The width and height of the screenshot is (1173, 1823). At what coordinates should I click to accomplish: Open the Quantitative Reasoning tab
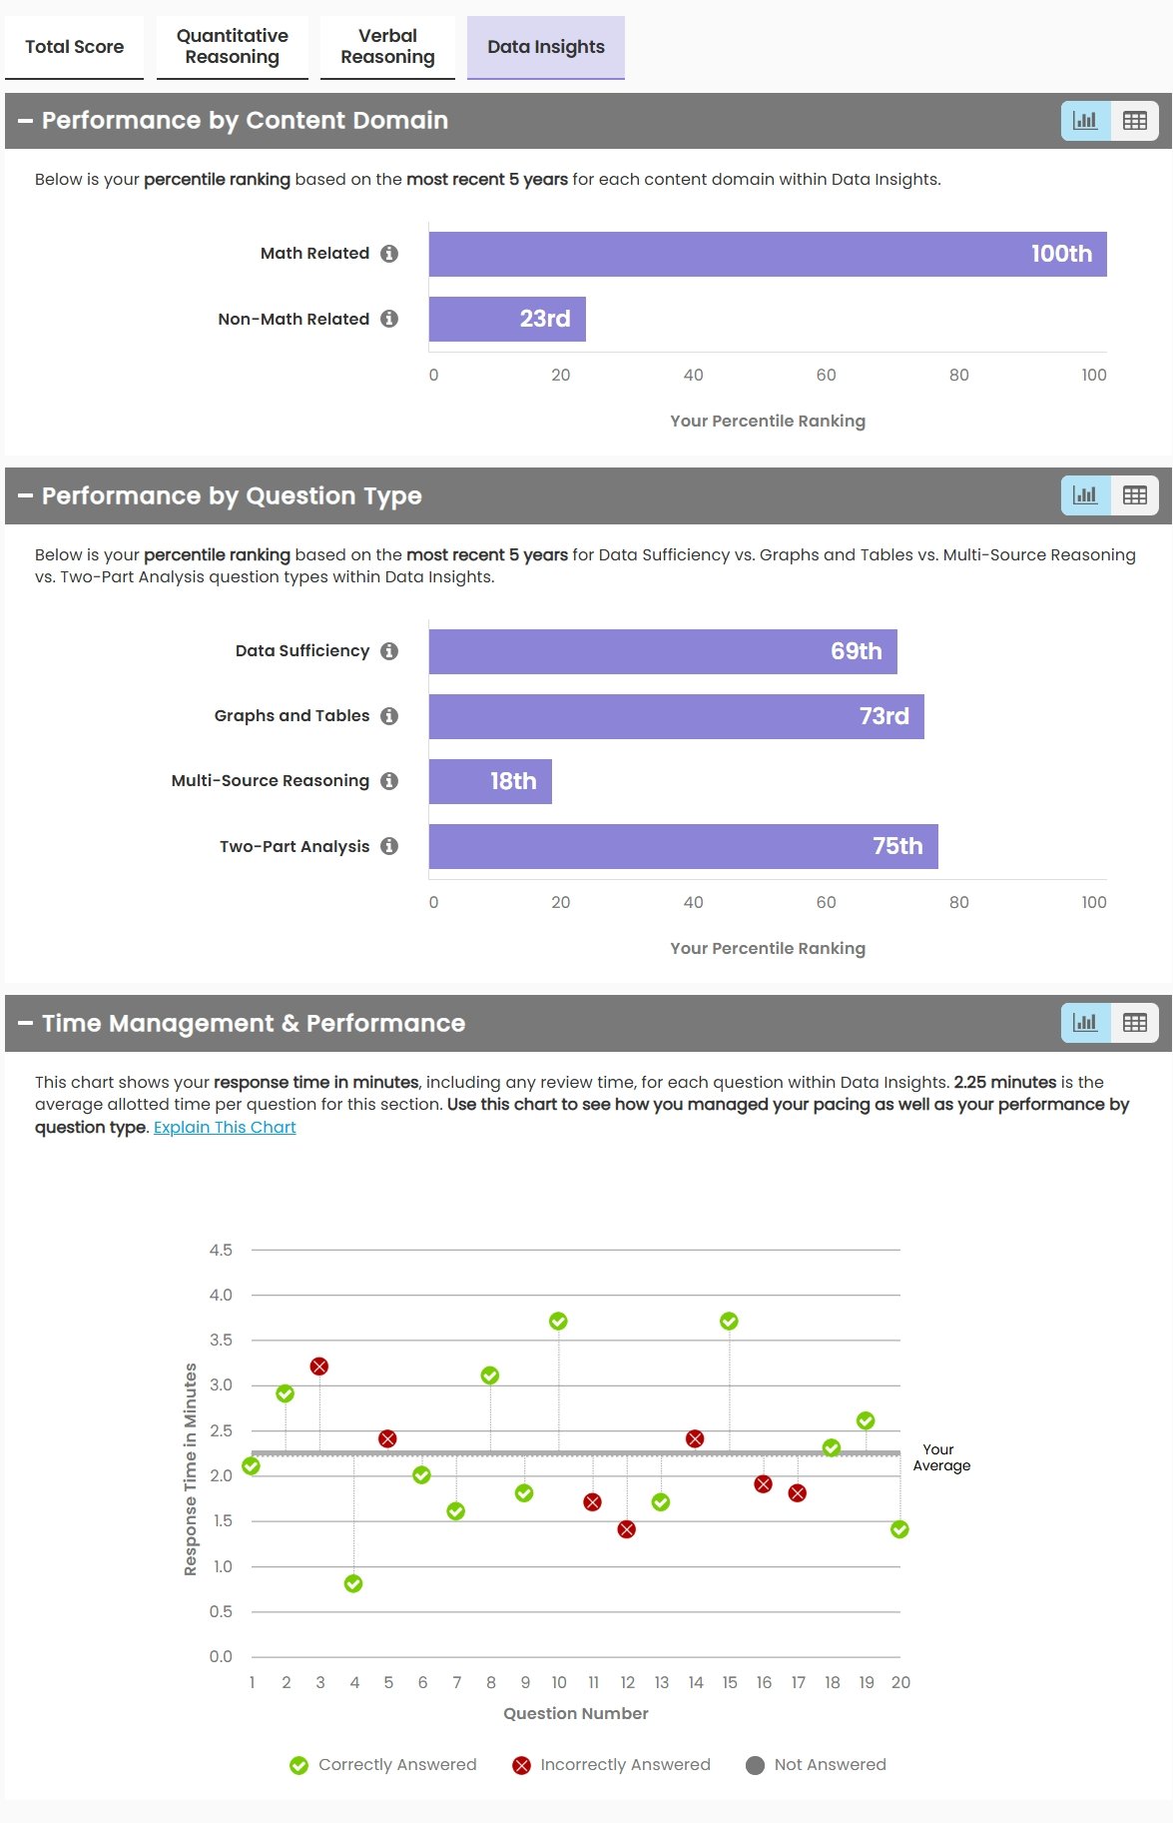[x=232, y=47]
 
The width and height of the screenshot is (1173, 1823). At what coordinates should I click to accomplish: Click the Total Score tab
[x=74, y=47]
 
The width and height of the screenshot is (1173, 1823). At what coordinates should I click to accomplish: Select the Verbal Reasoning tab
[x=387, y=47]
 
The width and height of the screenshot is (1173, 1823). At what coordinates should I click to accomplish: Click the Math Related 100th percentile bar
[x=767, y=254]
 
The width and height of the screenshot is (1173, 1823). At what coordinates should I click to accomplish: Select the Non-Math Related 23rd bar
[x=507, y=319]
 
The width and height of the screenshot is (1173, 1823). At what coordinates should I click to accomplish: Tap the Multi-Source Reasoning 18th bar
[x=490, y=781]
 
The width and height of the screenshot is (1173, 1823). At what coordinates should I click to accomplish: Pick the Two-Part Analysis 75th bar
[x=683, y=846]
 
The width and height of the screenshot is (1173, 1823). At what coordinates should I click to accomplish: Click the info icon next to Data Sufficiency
[x=389, y=651]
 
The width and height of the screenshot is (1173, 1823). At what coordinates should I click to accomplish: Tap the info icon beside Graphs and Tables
[x=389, y=716]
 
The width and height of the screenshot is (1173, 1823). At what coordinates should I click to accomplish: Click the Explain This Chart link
[x=225, y=1127]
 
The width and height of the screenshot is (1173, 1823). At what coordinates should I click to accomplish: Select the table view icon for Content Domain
[x=1135, y=121]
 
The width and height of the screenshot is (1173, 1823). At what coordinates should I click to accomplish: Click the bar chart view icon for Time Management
[x=1085, y=1023]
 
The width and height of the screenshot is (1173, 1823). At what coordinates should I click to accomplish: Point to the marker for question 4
[x=353, y=1584]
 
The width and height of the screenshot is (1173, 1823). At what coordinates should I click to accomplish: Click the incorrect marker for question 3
[x=319, y=1367]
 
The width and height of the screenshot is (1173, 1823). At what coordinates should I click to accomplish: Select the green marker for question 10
[x=558, y=1322]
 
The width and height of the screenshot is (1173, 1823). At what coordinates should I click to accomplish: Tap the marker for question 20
[x=899, y=1529]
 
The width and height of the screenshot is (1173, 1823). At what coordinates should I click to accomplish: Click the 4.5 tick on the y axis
[x=221, y=1250]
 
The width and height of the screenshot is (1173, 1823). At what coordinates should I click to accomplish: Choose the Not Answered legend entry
[x=816, y=1765]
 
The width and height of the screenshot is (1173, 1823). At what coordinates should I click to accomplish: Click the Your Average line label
[x=940, y=1457]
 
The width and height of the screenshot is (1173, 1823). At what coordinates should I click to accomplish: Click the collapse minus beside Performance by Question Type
[x=25, y=495]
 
